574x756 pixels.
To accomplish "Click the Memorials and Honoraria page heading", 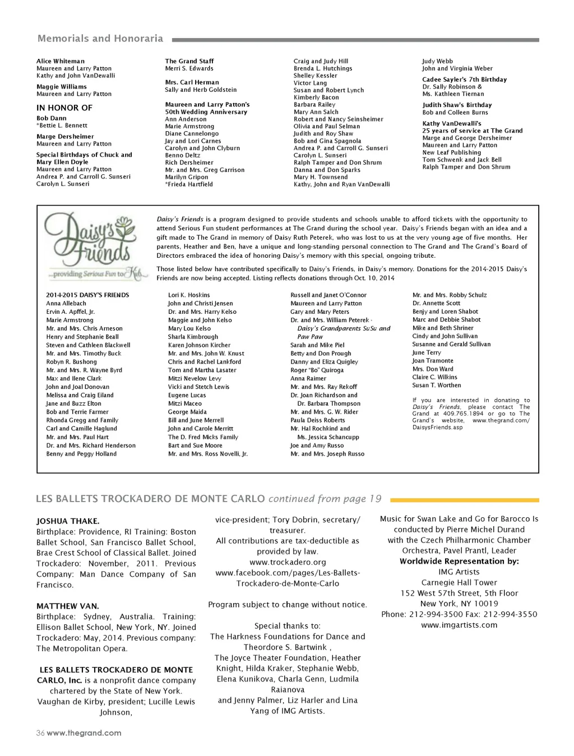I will click(100, 39).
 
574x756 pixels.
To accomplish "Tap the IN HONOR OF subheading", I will click(64, 108).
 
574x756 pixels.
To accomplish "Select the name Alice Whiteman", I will click(61, 61).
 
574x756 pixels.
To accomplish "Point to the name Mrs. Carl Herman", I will click(192, 82).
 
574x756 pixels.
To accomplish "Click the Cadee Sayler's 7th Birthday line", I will click(464, 80).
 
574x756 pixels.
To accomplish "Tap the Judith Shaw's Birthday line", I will click(457, 105).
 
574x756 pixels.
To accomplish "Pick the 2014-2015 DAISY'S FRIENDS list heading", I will click(87, 295).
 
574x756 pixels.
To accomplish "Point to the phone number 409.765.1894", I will click(463, 414).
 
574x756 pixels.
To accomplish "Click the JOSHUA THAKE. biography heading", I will click(68, 521).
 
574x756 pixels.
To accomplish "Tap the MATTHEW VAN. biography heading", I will click(67, 606).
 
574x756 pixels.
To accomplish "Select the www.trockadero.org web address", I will click(288, 562).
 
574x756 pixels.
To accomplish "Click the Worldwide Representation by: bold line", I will click(459, 561).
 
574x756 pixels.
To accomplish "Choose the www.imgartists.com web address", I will click(459, 625).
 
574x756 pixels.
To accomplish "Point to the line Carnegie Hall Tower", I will click(459, 582).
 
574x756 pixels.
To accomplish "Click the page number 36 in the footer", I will click(40, 733).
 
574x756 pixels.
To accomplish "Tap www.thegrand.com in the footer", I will click(84, 733).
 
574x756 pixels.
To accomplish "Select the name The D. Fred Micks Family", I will click(203, 437).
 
